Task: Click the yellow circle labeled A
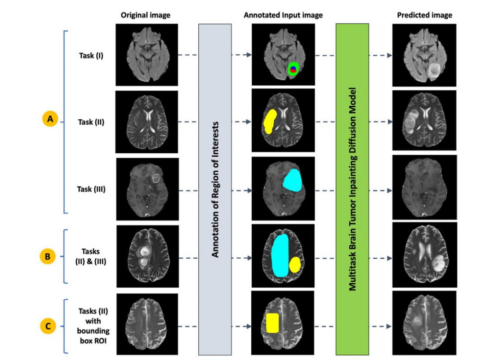point(49,119)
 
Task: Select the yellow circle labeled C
point(49,326)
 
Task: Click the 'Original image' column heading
point(145,15)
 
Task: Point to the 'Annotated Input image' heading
point(283,15)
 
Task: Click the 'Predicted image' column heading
point(424,15)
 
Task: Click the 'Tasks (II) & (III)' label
point(91,256)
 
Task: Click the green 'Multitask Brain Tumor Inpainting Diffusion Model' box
point(352,189)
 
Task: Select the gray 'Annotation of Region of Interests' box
point(215,189)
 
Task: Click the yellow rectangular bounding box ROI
point(273,323)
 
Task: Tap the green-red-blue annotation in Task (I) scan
point(293,70)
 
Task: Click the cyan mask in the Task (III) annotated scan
point(292,180)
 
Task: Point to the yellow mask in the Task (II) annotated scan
point(269,121)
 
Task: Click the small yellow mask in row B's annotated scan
point(295,264)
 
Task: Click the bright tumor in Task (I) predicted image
point(433,70)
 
